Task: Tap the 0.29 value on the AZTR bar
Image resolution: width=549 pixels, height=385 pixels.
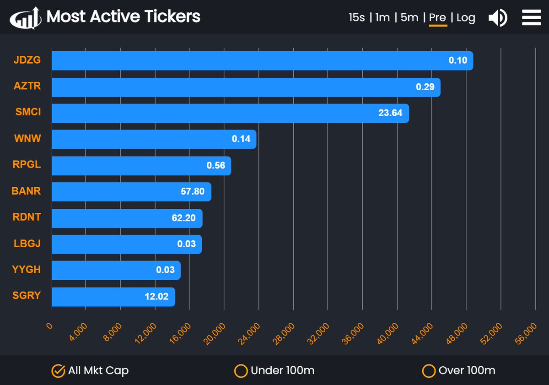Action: [x=425, y=87]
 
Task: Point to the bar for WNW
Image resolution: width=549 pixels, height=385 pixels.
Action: [x=154, y=139]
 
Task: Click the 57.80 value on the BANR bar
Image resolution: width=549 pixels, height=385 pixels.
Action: [x=193, y=192]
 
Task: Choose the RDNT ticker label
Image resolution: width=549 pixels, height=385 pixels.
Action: [x=27, y=217]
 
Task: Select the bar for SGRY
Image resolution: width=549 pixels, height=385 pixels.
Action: [x=113, y=297]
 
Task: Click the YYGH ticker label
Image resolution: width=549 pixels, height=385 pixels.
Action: [x=27, y=270]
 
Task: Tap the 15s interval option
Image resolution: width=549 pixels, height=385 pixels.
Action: [x=356, y=18]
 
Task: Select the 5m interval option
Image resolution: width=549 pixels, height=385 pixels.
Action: [x=409, y=18]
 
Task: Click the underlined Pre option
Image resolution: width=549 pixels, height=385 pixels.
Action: [x=437, y=18]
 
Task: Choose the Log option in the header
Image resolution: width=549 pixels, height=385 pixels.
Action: [x=466, y=18]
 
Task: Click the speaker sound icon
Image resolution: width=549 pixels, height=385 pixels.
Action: [x=497, y=18]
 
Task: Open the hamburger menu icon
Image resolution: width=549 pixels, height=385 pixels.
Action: [x=531, y=18]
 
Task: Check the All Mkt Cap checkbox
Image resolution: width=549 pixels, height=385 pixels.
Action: [x=58, y=370]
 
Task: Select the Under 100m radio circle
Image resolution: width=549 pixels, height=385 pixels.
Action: [x=241, y=370]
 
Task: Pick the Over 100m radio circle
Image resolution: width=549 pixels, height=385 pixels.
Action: [x=428, y=370]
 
